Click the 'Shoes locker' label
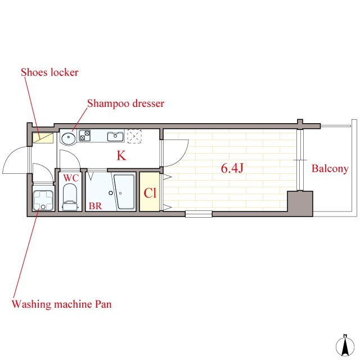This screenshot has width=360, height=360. click(49, 73)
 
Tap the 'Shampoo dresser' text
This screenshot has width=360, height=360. click(125, 103)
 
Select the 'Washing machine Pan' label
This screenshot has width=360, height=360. click(61, 304)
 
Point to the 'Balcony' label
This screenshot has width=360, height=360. click(330, 169)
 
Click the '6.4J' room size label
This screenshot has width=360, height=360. click(232, 168)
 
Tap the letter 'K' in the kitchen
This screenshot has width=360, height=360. click(121, 156)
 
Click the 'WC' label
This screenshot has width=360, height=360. click(71, 178)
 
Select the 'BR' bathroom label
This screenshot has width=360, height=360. click(95, 206)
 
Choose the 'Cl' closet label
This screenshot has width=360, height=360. click(150, 193)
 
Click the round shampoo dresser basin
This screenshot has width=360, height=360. click(68, 138)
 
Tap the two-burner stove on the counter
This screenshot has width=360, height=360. click(85, 135)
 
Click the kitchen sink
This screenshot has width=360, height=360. click(115, 137)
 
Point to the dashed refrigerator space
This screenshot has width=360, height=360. click(134, 136)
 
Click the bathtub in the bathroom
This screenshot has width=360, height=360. click(124, 192)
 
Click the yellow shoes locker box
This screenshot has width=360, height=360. click(43, 138)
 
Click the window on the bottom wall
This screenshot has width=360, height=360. click(199, 214)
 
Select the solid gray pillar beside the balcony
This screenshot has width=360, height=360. click(300, 203)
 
